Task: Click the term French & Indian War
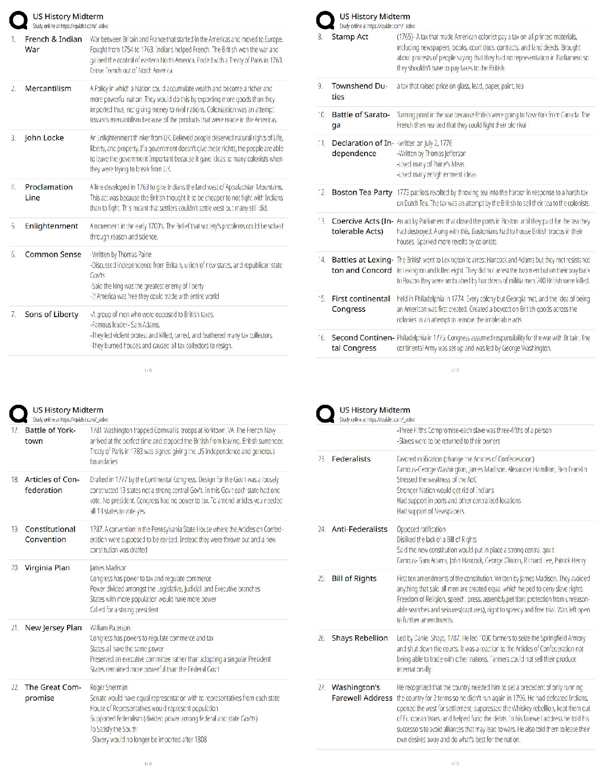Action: [x=53, y=44]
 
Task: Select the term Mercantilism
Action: [x=48, y=89]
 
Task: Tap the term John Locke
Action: [x=44, y=138]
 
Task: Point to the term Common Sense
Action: [x=53, y=255]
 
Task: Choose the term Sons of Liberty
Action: [x=52, y=315]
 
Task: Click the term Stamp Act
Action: [x=350, y=37]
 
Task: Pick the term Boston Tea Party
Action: [x=362, y=193]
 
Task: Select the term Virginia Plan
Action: [x=47, y=568]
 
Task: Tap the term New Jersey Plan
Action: [x=53, y=628]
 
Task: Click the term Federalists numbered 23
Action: [x=351, y=459]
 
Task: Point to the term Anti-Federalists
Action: [x=360, y=529]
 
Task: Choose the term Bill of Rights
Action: [x=354, y=579]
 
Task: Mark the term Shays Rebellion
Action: [x=360, y=638]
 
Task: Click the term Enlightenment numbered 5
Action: [x=51, y=226]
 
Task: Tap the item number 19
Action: [x=15, y=529]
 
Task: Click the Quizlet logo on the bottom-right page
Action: [x=325, y=414]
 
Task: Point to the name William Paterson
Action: [x=110, y=628]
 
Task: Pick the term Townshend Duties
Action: [x=359, y=92]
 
